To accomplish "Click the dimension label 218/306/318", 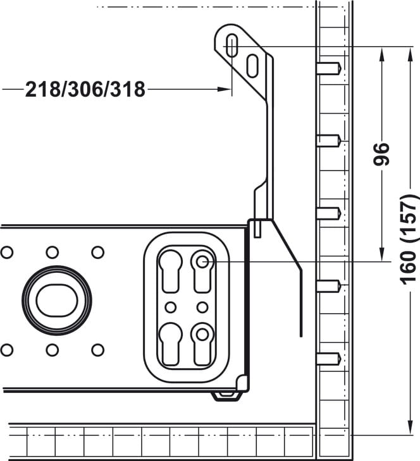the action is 85,90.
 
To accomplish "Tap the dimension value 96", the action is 381,153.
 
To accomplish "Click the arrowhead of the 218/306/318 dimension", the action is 223,89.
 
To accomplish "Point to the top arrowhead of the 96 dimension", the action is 381,55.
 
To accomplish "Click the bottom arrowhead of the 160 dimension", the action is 410,427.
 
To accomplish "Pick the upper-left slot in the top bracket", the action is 232,45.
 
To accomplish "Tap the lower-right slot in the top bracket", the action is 253,66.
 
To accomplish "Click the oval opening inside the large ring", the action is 57,301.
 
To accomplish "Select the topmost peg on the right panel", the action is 330,68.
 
